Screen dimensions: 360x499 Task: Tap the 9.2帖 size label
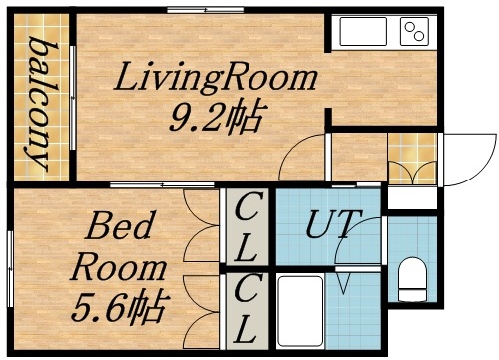point(215,120)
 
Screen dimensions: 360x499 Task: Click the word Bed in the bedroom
point(119,228)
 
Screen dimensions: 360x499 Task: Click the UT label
point(328,223)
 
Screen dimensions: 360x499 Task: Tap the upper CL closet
point(247,227)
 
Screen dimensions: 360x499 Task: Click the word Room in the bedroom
point(119,266)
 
